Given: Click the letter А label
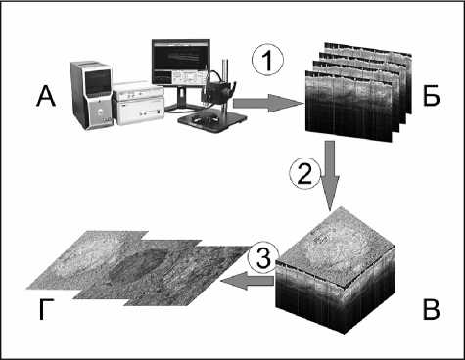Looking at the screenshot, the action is coord(46,97).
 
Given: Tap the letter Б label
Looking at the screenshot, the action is coord(432,97).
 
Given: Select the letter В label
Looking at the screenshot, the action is coord(431,310).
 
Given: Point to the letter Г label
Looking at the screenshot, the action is coord(45,310).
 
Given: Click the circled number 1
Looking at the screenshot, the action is coord(267,61).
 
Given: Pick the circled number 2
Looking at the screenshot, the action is coord(305,174).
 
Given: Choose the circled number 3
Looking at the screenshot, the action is coord(263,258).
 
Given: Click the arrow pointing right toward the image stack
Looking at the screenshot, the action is coord(268,104).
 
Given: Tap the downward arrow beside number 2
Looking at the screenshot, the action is coord(330,175).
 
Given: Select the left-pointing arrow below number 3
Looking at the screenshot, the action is coord(248,281).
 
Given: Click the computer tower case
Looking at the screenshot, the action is coord(91,95).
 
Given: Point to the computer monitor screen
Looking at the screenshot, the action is coord(180,63).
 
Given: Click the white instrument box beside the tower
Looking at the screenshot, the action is coord(138,103).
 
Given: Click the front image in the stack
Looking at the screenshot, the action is coord(349,106).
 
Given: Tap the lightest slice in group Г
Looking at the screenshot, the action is coord(87,259).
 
